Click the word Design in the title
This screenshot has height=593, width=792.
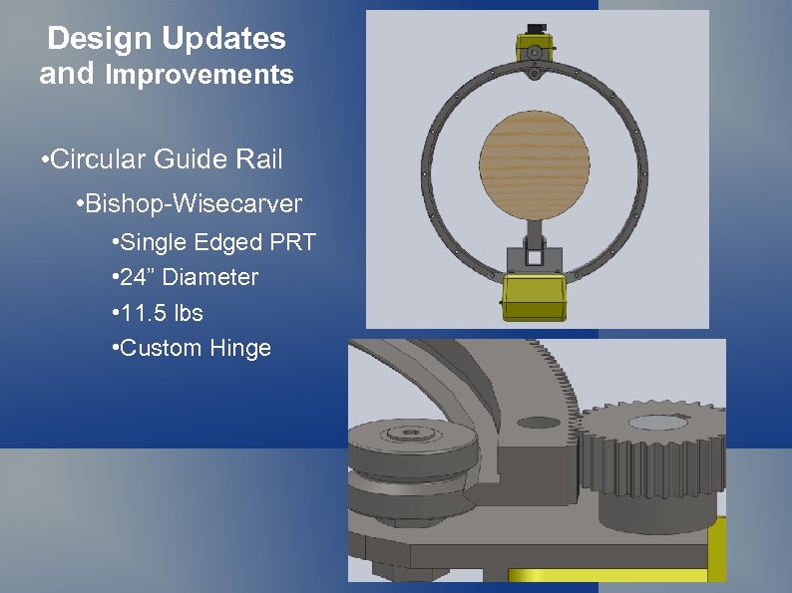(100, 39)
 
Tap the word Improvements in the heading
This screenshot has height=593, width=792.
(199, 75)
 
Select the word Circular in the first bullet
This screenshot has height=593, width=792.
(95, 158)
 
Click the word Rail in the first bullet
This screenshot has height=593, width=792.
(257, 158)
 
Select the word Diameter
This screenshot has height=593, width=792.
(211, 277)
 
